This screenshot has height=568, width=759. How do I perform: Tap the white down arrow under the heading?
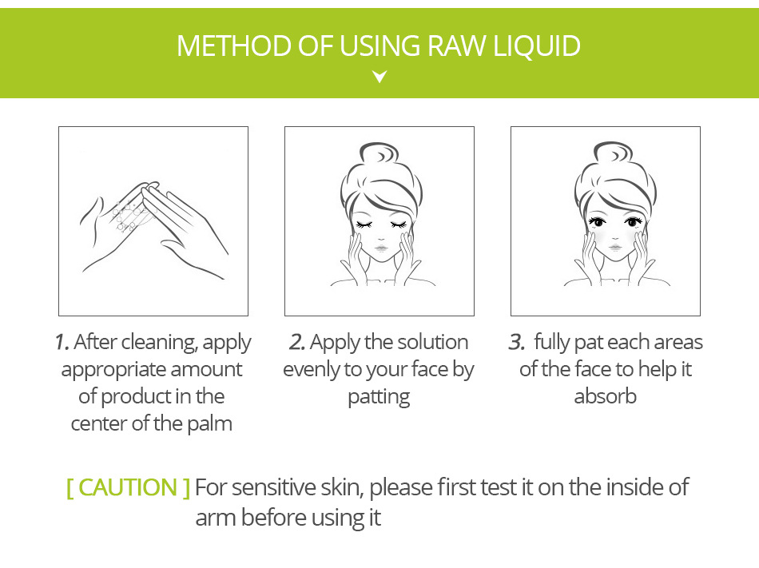click(379, 77)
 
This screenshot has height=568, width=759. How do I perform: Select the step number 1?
click(62, 342)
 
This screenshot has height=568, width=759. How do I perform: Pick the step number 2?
click(296, 342)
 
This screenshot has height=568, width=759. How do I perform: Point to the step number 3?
click(516, 342)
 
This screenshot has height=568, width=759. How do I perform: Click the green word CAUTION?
click(128, 487)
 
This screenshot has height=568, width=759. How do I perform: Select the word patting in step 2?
click(379, 397)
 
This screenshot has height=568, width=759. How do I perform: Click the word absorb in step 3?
click(605, 396)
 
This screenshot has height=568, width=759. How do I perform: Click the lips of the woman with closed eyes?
click(381, 248)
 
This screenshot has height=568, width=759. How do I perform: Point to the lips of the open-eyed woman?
click(615, 247)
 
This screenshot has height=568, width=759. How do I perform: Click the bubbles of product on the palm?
click(128, 216)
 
